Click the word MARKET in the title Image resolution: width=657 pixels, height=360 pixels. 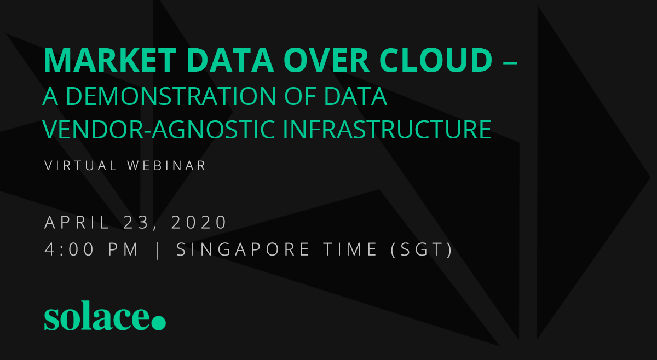tap(110, 60)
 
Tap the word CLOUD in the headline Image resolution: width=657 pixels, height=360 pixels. tap(436, 60)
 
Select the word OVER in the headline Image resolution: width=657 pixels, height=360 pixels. tap(326, 60)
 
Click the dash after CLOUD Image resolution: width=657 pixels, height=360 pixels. tap(510, 62)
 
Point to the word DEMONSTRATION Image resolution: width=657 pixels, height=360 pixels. tap(171, 96)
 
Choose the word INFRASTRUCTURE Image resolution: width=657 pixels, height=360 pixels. tap(387, 129)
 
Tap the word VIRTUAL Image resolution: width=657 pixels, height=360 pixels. tap(80, 166)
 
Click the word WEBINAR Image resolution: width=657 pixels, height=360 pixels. tap(166, 166)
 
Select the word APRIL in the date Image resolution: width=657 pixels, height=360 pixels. tap(77, 222)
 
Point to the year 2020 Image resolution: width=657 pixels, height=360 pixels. tap(199, 222)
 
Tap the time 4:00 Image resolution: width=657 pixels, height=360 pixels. tap(69, 249)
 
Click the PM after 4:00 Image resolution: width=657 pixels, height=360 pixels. tap(124, 249)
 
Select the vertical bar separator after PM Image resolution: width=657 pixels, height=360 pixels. tap(158, 250)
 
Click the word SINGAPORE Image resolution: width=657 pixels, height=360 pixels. tap(243, 249)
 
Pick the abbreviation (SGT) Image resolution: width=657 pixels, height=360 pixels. tap(422, 250)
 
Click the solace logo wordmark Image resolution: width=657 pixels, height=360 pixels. tap(105, 316)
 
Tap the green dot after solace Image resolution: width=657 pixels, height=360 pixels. tap(159, 323)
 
